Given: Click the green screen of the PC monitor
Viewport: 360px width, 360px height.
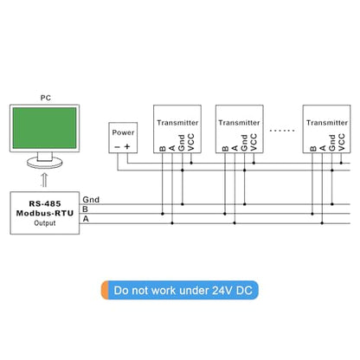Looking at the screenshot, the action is pyautogui.click(x=45, y=128).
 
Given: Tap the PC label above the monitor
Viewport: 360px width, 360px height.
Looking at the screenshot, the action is pyautogui.click(x=46, y=98).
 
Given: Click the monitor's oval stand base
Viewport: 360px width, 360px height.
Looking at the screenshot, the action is pyautogui.click(x=45, y=163).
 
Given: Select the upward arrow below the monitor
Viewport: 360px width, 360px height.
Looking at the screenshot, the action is pyautogui.click(x=44, y=180).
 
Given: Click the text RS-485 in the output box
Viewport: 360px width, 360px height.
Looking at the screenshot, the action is pyautogui.click(x=45, y=203).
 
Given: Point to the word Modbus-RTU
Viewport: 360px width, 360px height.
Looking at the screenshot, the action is pyautogui.click(x=45, y=213).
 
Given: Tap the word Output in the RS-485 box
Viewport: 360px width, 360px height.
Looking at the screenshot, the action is pyautogui.click(x=45, y=223).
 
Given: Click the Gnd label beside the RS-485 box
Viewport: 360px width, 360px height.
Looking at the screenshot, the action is pyautogui.click(x=91, y=200).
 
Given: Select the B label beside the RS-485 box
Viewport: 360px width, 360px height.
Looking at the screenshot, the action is pyautogui.click(x=85, y=209).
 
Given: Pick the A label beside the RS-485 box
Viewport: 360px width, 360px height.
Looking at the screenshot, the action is pyautogui.click(x=86, y=219).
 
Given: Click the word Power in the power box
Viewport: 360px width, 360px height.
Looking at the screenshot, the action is pyautogui.click(x=123, y=132).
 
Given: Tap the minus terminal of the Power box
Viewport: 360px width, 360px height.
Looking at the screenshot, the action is pyautogui.click(x=117, y=147).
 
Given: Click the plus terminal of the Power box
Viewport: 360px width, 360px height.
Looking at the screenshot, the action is pyautogui.click(x=127, y=146).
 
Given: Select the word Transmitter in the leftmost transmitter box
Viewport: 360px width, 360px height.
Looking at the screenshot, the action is pyautogui.click(x=177, y=123).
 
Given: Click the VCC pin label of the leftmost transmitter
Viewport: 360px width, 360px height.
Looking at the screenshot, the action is pyautogui.click(x=190, y=142).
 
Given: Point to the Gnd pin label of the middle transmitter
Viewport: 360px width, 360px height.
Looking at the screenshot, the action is pyautogui.click(x=244, y=143).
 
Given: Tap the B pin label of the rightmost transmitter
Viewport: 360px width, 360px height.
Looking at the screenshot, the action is pyautogui.click(x=313, y=149).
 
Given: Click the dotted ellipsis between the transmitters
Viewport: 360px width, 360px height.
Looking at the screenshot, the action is pyautogui.click(x=282, y=131).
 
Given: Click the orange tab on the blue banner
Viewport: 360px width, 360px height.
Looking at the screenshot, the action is pyautogui.click(x=105, y=290).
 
